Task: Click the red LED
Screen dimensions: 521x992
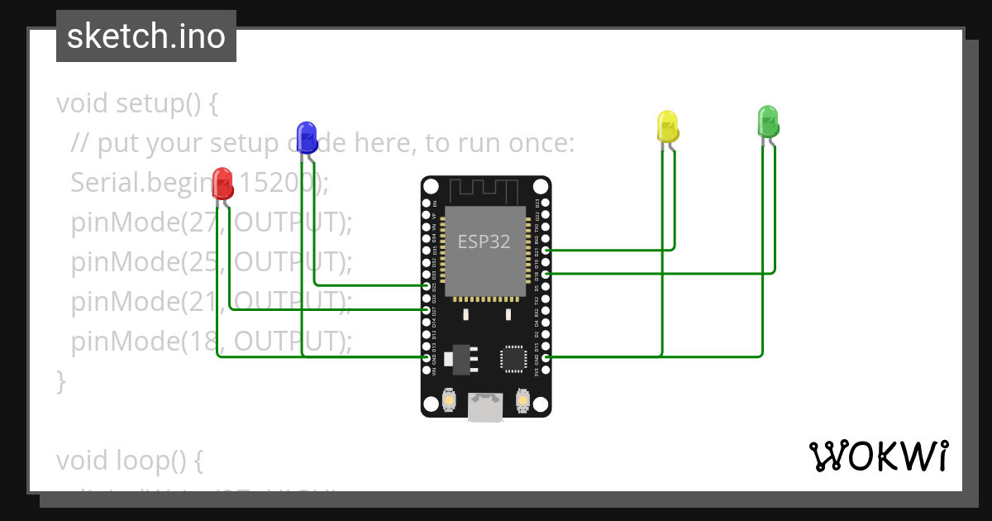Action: [x=222, y=183]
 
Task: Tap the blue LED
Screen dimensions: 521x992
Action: [x=307, y=137]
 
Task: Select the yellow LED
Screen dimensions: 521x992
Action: [x=667, y=126]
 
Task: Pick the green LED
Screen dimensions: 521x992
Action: [x=768, y=121]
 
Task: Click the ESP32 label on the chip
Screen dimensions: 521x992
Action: [x=484, y=241]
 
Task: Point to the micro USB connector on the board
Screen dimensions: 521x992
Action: [x=485, y=407]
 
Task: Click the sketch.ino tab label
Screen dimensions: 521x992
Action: [x=146, y=36]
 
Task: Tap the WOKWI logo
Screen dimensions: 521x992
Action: [x=879, y=456]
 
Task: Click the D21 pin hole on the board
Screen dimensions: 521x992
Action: [x=546, y=250]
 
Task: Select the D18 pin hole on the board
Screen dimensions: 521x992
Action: [x=546, y=274]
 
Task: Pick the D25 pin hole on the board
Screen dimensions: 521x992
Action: [x=426, y=285]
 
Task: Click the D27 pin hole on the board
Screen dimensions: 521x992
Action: [x=426, y=309]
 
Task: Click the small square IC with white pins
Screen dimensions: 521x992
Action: [x=512, y=358]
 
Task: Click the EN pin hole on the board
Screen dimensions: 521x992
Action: [x=426, y=203]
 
